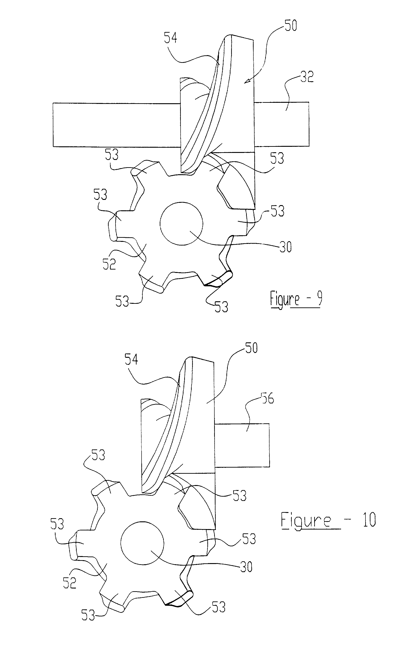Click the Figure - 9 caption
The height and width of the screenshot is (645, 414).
(x=296, y=299)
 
